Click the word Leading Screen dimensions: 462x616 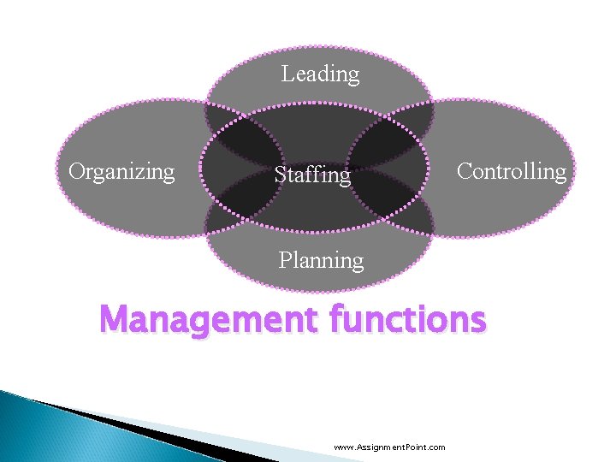coord(321,74)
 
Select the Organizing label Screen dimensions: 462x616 coord(121,172)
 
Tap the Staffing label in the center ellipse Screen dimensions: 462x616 coord(312,175)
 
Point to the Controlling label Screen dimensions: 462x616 coord(511,171)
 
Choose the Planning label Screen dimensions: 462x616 coord(321,259)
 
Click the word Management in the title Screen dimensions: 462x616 coord(208,321)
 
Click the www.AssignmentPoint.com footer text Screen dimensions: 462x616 coord(389,447)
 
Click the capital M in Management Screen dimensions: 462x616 coord(115,321)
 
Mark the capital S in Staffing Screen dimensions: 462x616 coord(281,175)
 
